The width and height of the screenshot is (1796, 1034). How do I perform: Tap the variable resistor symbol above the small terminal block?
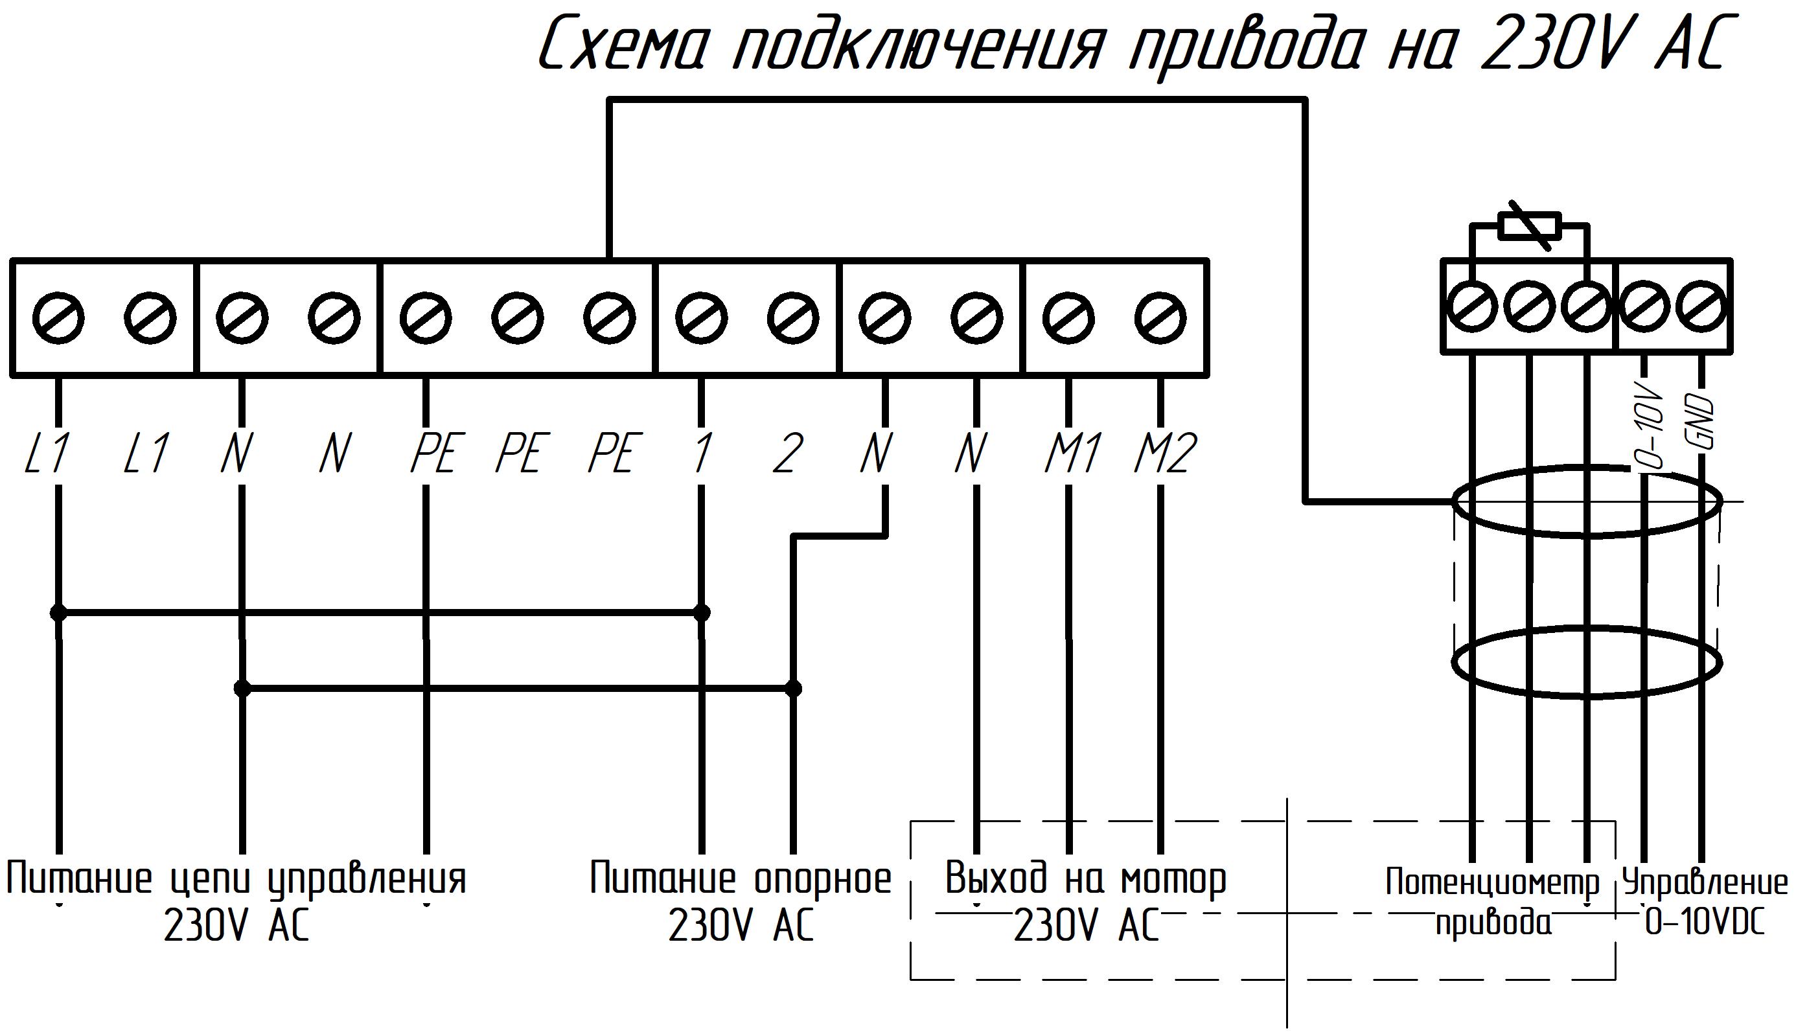(x=1529, y=227)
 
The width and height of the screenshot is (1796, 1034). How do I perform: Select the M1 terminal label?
(x=1073, y=452)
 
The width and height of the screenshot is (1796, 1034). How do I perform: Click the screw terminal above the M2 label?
(x=1160, y=317)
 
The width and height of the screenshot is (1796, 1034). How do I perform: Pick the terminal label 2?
(x=788, y=452)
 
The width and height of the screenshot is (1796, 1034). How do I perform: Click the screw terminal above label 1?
(x=701, y=317)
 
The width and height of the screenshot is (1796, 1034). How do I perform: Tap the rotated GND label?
(x=1701, y=424)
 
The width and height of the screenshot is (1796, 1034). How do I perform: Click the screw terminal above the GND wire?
(x=1701, y=308)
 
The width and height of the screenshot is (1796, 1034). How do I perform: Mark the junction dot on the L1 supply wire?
(x=58, y=612)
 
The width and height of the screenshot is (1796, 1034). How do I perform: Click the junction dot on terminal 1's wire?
(x=702, y=612)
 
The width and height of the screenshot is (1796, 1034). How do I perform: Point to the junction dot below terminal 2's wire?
(x=793, y=688)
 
